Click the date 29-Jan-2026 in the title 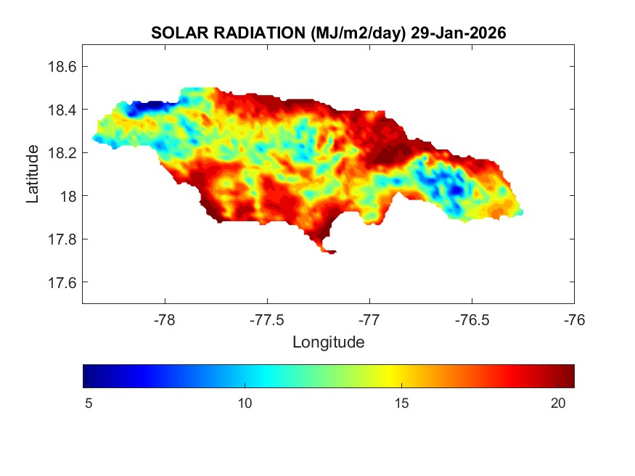[x=458, y=33]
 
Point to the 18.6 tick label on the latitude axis [x=62, y=67]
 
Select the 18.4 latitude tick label [x=62, y=110]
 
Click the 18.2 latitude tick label [x=62, y=153]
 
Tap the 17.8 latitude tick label [x=62, y=239]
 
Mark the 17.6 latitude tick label [x=62, y=282]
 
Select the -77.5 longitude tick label [x=267, y=319]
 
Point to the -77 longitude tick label [x=369, y=319]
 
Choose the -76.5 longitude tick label [x=472, y=319]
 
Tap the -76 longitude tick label [x=574, y=319]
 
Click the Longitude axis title [x=328, y=341]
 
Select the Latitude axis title [x=33, y=174]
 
